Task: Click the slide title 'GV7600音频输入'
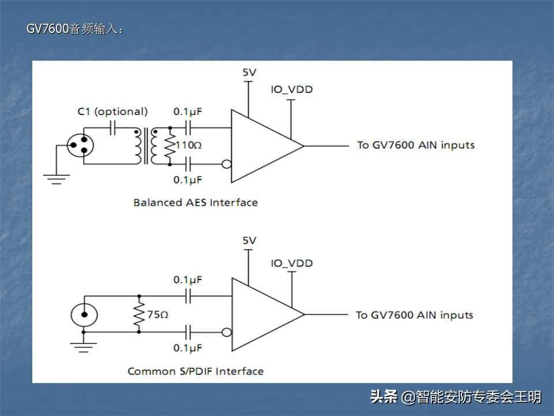point(74,29)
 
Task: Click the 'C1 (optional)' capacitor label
point(113,112)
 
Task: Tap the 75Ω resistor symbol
point(138,315)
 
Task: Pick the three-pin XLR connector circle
point(81,145)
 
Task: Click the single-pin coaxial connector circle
point(84,315)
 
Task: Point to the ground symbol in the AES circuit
point(56,179)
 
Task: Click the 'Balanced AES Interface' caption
point(195,202)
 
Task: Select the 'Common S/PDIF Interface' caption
point(195,371)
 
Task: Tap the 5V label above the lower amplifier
point(249,240)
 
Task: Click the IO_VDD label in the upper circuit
point(291,90)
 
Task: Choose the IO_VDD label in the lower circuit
point(291,263)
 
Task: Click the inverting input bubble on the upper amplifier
point(227,164)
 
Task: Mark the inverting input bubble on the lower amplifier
point(227,332)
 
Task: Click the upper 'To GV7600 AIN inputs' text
point(415,145)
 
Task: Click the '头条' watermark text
point(383,397)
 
